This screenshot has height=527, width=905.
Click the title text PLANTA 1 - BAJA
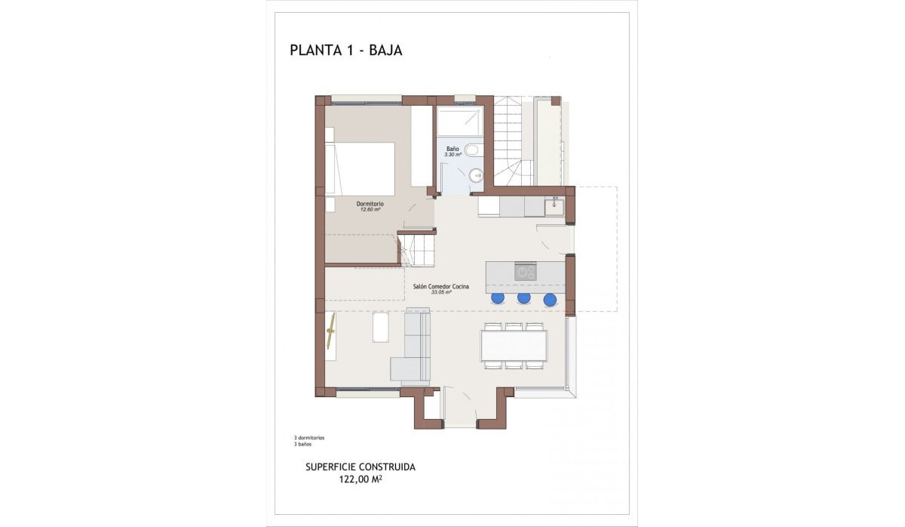[x=345, y=51]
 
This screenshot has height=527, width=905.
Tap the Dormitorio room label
[x=370, y=204]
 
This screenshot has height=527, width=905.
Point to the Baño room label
[x=452, y=149]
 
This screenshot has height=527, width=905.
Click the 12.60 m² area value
[x=370, y=210]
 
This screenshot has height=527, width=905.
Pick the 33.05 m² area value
[x=441, y=292]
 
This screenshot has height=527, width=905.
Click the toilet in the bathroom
[x=472, y=149]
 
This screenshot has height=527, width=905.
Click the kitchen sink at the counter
[x=555, y=205]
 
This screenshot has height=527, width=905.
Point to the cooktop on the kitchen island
[x=525, y=271]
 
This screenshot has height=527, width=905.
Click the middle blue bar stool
[x=523, y=298]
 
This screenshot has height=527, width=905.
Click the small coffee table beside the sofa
[x=381, y=327]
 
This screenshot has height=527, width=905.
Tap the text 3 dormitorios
[x=309, y=438]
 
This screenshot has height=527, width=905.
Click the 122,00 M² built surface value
[x=360, y=478]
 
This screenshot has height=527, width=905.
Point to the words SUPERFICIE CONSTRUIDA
[x=360, y=467]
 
